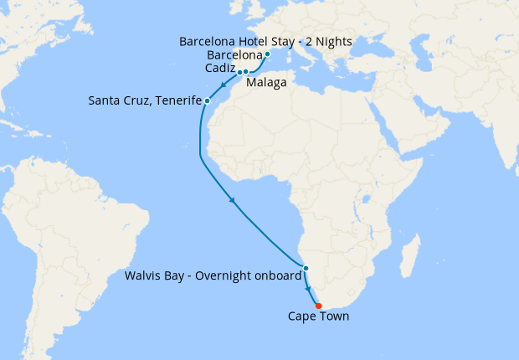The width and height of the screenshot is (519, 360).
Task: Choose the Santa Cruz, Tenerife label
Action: tap(145, 101)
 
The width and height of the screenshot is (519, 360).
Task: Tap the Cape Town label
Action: tap(318, 316)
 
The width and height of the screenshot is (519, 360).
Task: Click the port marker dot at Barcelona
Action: tap(267, 54)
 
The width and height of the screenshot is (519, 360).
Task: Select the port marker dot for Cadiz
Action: tap(239, 72)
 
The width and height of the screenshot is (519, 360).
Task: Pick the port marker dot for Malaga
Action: tap(246, 72)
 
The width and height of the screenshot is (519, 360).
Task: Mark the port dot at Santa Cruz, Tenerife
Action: tap(207, 101)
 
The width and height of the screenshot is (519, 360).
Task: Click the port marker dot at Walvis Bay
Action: tap(306, 268)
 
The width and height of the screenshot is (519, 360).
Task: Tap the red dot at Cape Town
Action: tap(318, 305)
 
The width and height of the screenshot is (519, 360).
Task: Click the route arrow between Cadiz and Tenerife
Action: tap(223, 85)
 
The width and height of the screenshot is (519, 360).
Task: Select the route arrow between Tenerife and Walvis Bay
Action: tap(232, 200)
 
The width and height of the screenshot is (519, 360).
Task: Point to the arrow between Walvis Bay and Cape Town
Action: tap(309, 286)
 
